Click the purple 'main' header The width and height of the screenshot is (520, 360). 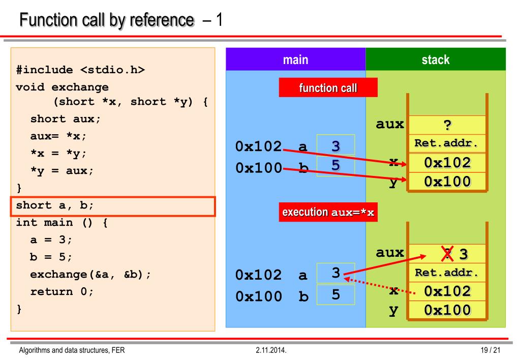[295, 59]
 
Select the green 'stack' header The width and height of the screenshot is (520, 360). [436, 59]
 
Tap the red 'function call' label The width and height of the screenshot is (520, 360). [328, 87]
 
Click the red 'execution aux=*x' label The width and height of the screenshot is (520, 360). [328, 212]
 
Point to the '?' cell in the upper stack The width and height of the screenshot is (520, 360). [447, 125]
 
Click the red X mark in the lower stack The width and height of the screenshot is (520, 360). [447, 254]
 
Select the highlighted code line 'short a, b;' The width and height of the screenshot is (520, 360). [113, 206]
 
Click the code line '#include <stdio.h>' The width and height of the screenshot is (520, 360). [81, 70]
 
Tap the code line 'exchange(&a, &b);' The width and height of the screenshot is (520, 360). [90, 275]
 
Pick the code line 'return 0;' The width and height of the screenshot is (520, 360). [62, 292]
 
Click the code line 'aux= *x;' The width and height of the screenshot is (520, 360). [58, 136]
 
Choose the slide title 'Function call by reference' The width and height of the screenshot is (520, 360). [107, 20]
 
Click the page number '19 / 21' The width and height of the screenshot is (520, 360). [490, 350]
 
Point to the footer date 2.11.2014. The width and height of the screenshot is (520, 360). [271, 350]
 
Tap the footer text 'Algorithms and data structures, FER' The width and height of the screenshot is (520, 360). [72, 350]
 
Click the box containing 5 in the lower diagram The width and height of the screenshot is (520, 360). [335, 294]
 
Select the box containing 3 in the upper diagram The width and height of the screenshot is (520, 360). [335, 145]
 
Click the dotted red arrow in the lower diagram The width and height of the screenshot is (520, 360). [380, 286]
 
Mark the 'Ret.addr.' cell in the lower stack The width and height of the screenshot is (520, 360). [447, 273]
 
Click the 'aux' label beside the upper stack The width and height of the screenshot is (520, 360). [390, 124]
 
